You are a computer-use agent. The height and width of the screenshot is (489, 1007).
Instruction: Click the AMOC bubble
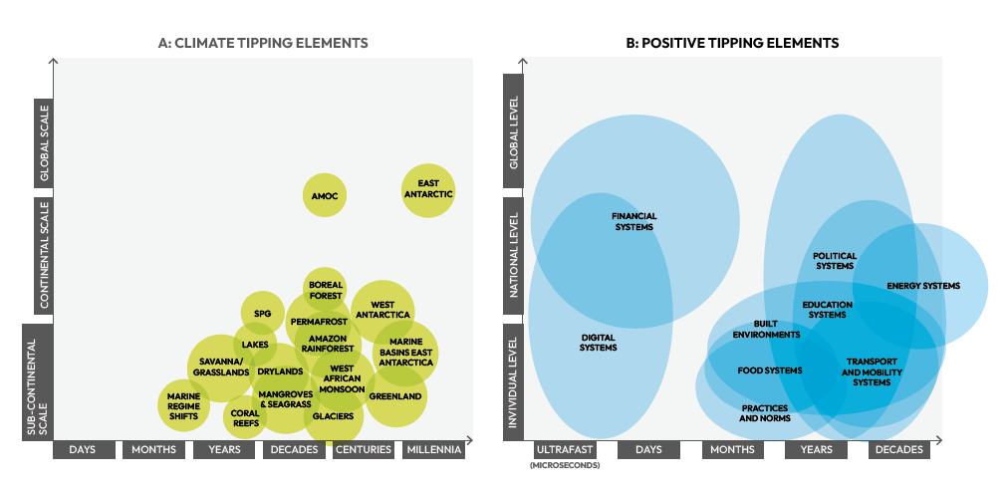click(x=325, y=195)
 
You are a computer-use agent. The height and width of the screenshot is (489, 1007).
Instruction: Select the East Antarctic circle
click(x=428, y=189)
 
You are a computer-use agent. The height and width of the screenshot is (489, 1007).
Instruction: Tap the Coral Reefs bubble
click(x=245, y=418)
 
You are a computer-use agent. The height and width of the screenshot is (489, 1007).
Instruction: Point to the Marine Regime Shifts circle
click(x=183, y=405)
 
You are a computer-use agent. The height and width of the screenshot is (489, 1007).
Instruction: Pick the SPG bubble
click(x=262, y=313)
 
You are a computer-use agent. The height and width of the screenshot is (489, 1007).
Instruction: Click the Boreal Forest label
click(x=325, y=290)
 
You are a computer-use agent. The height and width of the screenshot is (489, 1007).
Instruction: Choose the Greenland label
click(x=395, y=396)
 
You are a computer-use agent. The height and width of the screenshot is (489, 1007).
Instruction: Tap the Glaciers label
click(x=333, y=416)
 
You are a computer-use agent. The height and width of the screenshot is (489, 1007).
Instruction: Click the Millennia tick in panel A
click(x=434, y=450)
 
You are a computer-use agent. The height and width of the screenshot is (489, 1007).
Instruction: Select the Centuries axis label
click(x=364, y=450)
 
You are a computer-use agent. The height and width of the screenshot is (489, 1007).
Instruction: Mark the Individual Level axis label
click(x=514, y=383)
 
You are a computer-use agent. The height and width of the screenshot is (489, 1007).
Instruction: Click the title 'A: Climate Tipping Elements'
click(x=263, y=43)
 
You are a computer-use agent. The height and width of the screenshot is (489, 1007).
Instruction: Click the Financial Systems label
click(x=633, y=221)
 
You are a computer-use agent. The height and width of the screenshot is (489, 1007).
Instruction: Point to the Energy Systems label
click(x=923, y=286)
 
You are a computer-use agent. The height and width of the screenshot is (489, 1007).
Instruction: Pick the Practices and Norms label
click(x=765, y=413)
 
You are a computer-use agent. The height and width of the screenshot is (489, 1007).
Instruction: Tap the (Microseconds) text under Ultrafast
click(x=565, y=465)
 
